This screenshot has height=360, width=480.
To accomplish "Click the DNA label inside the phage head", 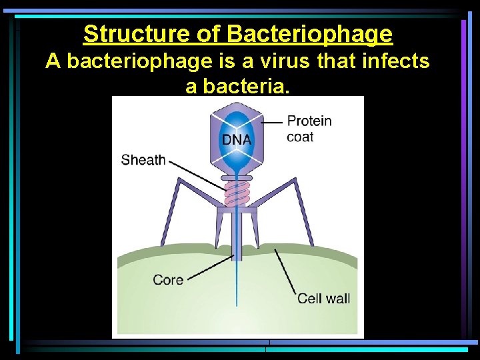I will [237, 140].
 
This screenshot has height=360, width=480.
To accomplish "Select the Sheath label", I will [143, 160].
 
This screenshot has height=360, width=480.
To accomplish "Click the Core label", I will [167, 280].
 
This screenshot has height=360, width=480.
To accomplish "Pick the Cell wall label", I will [323, 298].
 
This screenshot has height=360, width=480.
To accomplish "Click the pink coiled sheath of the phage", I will [237, 194].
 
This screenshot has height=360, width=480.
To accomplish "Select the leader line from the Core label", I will [207, 264].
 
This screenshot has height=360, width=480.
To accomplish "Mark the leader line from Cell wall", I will [285, 271].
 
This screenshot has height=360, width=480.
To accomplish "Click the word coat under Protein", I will [299, 137].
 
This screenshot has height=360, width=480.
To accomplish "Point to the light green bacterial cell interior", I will [200, 307].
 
